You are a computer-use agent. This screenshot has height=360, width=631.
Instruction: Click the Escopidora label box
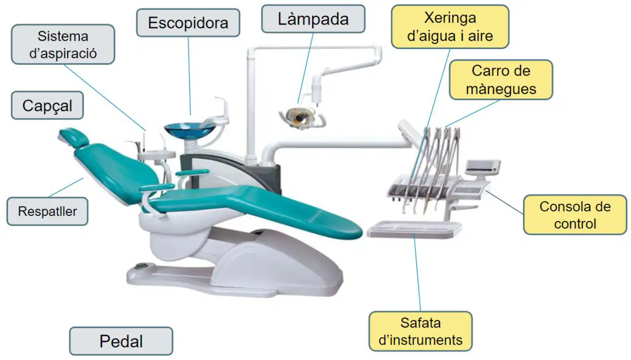point(188,23)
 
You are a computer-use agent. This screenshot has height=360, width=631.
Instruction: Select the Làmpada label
point(313,19)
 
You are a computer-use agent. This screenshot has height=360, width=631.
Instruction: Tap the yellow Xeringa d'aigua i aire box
point(450,27)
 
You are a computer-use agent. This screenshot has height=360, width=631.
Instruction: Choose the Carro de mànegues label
point(501,80)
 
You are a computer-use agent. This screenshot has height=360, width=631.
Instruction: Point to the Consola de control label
point(575,215)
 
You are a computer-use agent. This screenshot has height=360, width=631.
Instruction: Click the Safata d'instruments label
point(421,331)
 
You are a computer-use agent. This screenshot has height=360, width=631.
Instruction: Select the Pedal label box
point(121,341)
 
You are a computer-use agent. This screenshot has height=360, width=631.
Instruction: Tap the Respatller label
point(47,211)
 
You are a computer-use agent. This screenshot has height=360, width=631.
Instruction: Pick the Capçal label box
point(47,105)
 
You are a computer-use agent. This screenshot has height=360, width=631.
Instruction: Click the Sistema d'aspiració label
point(63,44)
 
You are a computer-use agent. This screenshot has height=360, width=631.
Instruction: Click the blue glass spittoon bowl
point(190,131)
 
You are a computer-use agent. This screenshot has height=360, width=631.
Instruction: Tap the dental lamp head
point(301,118)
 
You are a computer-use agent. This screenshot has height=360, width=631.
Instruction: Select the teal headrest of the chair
point(74,137)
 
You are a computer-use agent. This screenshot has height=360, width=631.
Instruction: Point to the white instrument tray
point(414,229)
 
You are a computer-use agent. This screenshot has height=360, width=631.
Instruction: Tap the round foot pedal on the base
point(141,266)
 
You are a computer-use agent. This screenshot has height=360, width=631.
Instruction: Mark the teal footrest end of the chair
point(338,225)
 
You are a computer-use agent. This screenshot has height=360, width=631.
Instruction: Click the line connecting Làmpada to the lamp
point(306,68)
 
